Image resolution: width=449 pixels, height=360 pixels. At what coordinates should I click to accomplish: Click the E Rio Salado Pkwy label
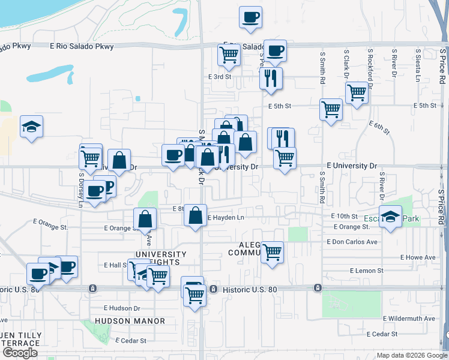(82, 46)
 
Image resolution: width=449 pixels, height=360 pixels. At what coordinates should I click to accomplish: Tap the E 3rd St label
(219, 77)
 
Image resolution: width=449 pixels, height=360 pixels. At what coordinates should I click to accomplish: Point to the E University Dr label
(352, 166)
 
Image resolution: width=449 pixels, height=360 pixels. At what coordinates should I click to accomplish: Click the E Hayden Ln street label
(226, 218)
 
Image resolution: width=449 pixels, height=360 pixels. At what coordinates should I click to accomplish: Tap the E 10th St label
(344, 216)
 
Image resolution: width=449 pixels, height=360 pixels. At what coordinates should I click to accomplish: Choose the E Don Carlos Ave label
(352, 242)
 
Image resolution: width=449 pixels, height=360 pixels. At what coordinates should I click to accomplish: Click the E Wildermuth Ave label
(409, 319)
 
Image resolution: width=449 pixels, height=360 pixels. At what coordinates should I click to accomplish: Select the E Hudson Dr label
(121, 308)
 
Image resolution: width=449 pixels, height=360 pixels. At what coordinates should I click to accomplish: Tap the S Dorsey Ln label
(81, 191)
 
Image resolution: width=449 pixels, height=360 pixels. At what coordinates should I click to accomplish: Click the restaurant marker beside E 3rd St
(271, 78)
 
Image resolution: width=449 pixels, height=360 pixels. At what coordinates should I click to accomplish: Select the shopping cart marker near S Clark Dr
(357, 92)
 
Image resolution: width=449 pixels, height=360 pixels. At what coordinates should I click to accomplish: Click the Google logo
(20, 352)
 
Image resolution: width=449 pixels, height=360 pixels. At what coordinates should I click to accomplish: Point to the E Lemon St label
(366, 271)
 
